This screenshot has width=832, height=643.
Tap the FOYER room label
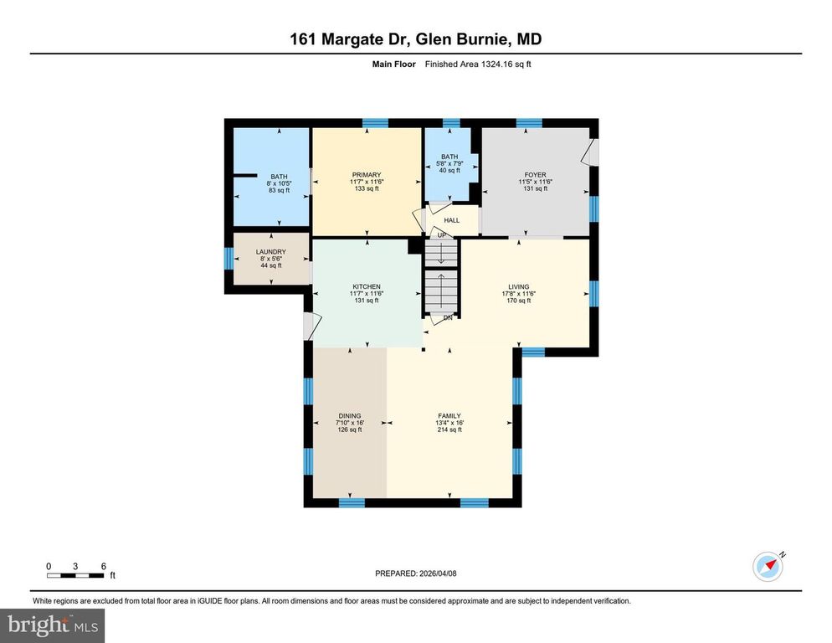click(x=535, y=176)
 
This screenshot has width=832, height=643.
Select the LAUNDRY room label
click(x=271, y=252)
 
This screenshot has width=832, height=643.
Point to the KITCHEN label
click(x=366, y=286)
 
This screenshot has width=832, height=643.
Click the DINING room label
click(x=349, y=416)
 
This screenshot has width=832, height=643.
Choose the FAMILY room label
click(x=449, y=416)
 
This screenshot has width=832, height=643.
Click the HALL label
click(x=452, y=220)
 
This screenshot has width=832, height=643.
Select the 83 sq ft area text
click(x=279, y=190)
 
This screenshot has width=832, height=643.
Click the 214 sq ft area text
click(x=449, y=430)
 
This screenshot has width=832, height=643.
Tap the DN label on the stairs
click(x=448, y=317)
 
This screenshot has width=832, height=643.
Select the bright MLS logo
click(x=54, y=624)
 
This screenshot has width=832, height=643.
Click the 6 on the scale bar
click(x=103, y=566)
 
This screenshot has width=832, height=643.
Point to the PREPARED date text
click(x=416, y=574)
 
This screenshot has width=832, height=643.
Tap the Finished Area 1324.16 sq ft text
click(x=478, y=64)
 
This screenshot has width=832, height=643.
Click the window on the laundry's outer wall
click(x=229, y=258)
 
